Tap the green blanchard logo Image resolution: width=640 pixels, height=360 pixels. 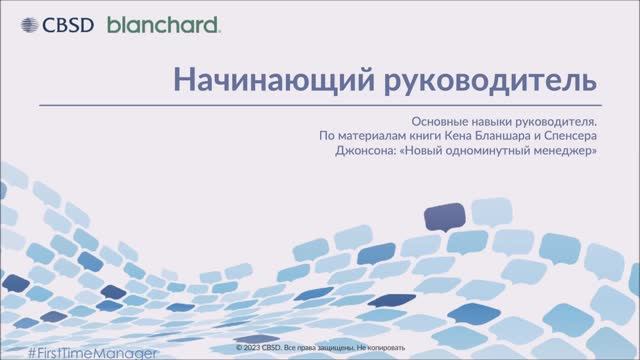(163, 24)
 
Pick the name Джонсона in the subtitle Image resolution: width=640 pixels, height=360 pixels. (367, 152)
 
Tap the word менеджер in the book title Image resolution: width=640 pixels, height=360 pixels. (567, 152)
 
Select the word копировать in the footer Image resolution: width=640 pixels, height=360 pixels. (386, 349)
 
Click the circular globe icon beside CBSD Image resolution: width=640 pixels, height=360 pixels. (21, 24)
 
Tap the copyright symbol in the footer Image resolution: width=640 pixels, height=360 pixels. (239, 349)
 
